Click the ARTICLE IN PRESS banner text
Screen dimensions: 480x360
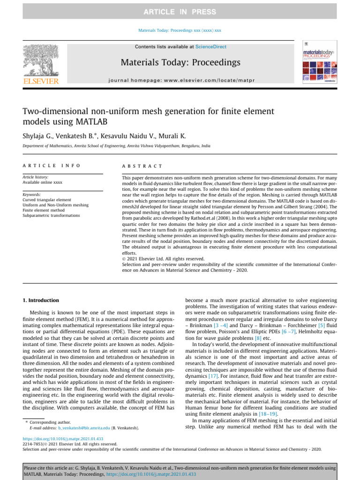(180, 12)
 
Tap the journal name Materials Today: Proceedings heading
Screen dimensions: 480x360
(180, 63)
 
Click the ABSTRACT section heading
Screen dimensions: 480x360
(142, 166)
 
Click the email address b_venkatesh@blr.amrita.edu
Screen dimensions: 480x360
(84, 428)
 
